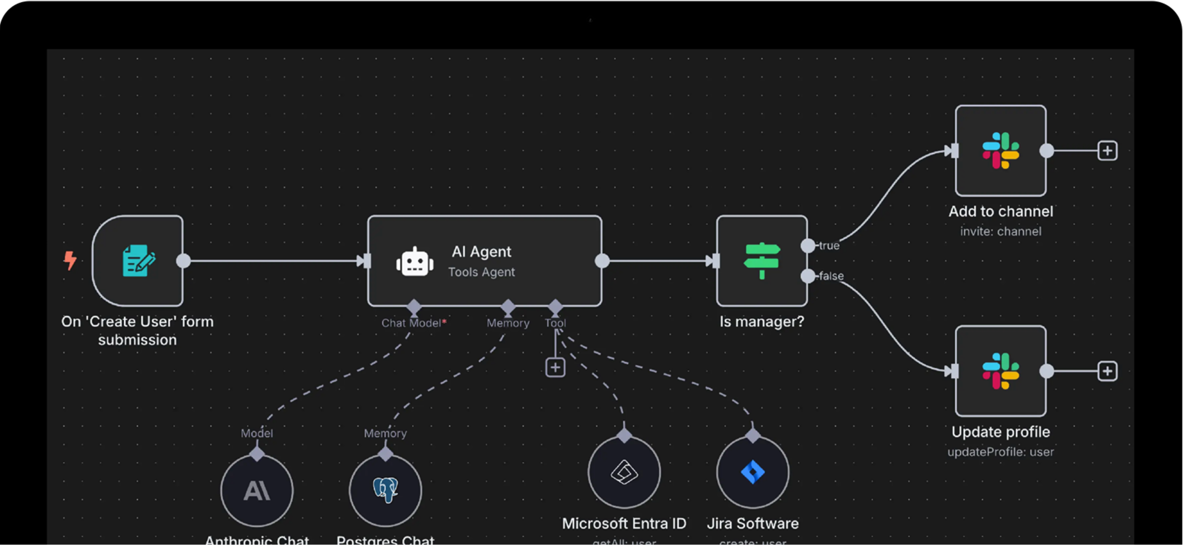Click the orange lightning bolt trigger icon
click(x=70, y=260)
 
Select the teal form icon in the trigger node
click(x=138, y=260)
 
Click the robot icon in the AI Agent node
click(x=414, y=262)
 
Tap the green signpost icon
click(x=762, y=260)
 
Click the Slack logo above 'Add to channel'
click(x=1000, y=151)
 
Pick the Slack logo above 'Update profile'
click(x=1000, y=371)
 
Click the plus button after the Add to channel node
click(x=1107, y=151)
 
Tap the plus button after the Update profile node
click(x=1107, y=371)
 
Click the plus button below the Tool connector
click(x=555, y=367)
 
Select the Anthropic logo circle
click(x=257, y=490)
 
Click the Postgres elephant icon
click(x=385, y=489)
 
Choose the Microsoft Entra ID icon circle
click(x=624, y=472)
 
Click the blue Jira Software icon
click(x=752, y=472)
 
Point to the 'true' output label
click(x=829, y=245)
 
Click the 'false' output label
click(x=831, y=276)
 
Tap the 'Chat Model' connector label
click(x=412, y=323)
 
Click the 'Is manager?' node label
click(x=762, y=322)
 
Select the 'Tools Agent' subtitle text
click(x=481, y=272)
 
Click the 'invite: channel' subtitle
click(x=1000, y=232)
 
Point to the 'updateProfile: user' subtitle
click(x=1000, y=452)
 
